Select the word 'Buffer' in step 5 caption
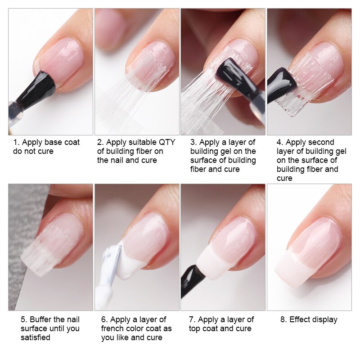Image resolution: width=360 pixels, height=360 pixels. click(42, 319)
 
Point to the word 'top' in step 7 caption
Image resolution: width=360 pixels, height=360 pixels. click(195, 328)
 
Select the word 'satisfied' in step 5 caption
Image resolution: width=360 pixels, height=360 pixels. click(36, 337)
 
